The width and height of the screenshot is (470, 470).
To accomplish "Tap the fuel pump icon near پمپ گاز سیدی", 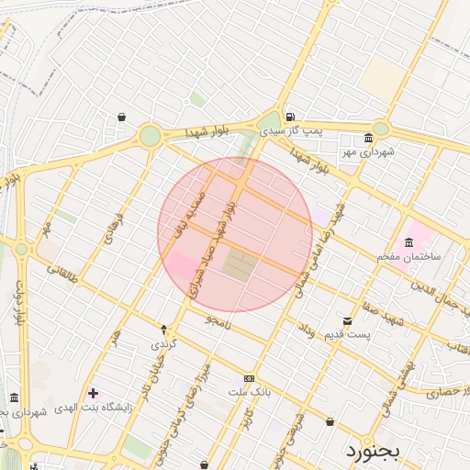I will pos(290,117).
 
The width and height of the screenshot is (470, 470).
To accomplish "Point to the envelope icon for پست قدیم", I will pos(346,320).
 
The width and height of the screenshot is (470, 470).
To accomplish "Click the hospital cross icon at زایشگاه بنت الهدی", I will pos(93,393).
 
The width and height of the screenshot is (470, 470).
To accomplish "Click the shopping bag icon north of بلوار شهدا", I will pos(121,117).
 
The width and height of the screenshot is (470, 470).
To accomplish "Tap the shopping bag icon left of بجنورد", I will pos(330,421).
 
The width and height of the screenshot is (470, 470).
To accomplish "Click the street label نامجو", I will pos(219,320).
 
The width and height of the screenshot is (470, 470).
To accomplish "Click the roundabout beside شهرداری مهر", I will pos(380,129).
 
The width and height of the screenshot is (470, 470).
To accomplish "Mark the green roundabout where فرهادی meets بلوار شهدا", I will pos(150,137).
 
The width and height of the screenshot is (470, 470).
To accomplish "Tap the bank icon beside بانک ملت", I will pos(250,378).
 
